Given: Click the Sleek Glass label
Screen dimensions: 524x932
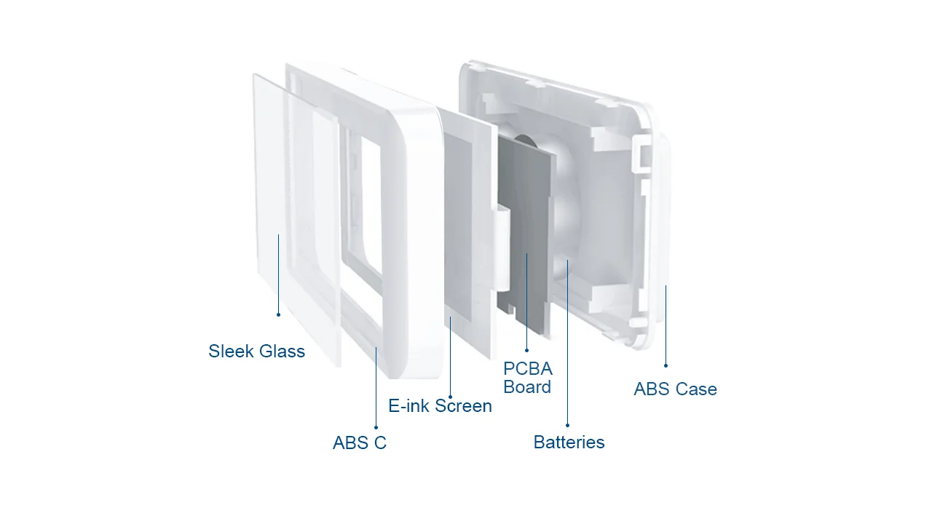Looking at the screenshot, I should click(256, 352).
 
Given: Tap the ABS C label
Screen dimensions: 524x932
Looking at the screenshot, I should click(360, 442).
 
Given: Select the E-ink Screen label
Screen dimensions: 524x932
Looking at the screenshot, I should click(440, 406).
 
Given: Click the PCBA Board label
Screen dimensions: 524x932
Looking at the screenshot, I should click(527, 378).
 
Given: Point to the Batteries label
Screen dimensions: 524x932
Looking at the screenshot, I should click(569, 442).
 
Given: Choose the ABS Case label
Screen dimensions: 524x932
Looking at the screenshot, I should click(675, 389).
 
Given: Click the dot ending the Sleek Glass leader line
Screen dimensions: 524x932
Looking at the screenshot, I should click(278, 314).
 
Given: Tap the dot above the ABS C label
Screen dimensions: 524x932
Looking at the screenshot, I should click(376, 427).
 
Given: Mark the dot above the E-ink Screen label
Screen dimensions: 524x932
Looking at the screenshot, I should click(450, 397).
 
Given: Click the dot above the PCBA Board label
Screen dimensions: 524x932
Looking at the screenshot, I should click(526, 350).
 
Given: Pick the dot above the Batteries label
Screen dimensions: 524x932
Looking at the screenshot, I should click(567, 425).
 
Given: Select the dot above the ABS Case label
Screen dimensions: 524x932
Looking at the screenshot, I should click(666, 365).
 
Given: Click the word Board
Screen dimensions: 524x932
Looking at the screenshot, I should click(527, 387).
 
